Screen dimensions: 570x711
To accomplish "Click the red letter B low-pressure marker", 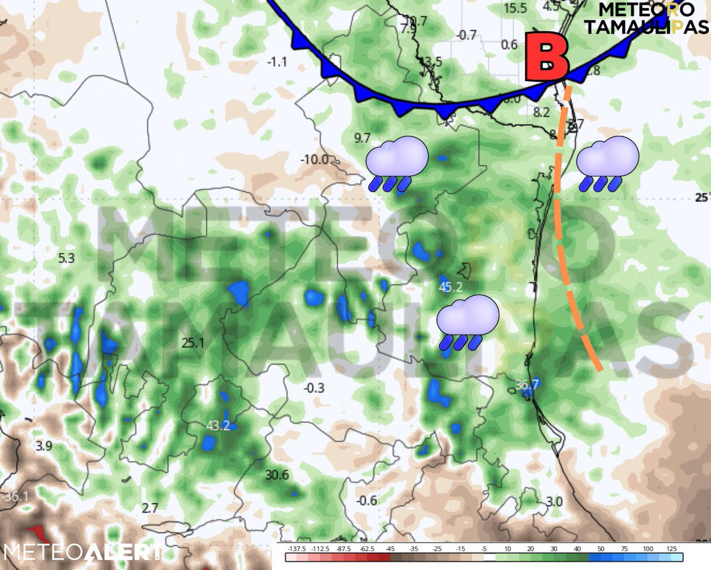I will tap(547, 60).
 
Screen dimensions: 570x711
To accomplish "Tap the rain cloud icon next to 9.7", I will tap(396, 164).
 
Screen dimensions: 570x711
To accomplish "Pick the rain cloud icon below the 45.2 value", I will tap(467, 322).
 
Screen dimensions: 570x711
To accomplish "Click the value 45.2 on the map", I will tap(450, 288).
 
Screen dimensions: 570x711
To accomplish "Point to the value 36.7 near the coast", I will tap(526, 384).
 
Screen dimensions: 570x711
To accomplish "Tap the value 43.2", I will tap(218, 425).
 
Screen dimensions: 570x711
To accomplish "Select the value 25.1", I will tap(193, 343).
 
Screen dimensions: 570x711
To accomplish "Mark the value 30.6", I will tap(277, 475).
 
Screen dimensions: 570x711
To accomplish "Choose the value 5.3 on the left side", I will tap(66, 258).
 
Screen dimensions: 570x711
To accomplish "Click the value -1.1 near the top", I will tap(277, 62).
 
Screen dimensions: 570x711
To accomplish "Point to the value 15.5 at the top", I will tap(515, 8).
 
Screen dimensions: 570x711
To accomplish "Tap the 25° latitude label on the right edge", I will tap(702, 198).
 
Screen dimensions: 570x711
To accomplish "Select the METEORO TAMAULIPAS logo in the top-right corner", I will tap(646, 18).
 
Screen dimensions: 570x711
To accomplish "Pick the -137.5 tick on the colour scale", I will tap(294, 548).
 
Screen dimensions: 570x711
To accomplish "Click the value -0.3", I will tap(313, 389).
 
